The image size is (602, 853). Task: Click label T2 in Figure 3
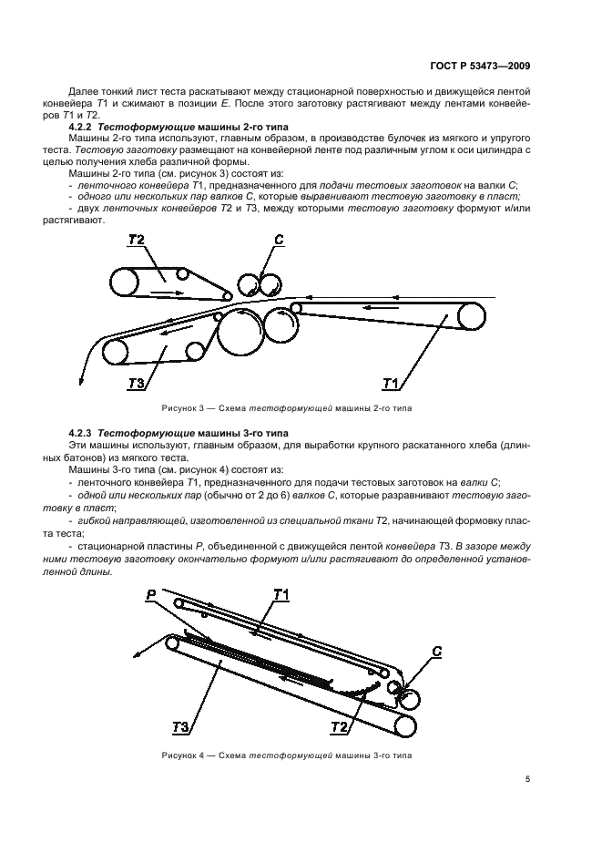coord(137,241)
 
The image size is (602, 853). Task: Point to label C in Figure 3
coord(280,241)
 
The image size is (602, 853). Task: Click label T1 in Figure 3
coord(393,382)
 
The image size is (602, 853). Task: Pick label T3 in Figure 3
coord(138,383)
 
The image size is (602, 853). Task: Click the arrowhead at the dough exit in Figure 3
coord(83,377)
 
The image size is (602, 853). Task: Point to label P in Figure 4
coord(150,594)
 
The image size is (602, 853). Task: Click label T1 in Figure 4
coord(281,595)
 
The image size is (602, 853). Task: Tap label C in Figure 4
coord(436,652)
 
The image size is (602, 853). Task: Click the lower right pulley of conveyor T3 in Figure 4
coord(402,725)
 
